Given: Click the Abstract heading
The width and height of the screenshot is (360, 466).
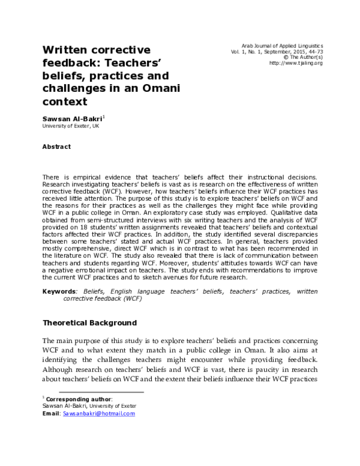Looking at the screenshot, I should [x=56, y=147].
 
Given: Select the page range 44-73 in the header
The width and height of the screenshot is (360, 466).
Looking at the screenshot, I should [x=312, y=52].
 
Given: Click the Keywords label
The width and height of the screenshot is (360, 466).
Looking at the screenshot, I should [x=59, y=291].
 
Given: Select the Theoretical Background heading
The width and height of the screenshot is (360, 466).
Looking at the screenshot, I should [x=89, y=322].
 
